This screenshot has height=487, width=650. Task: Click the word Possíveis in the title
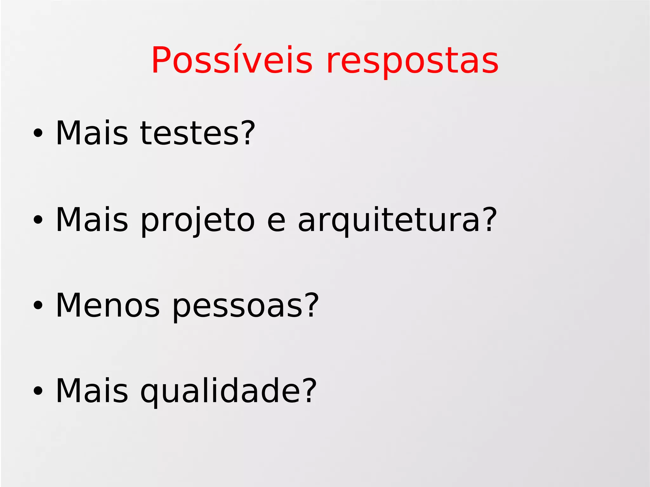click(232, 60)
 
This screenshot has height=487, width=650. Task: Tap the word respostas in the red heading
click(412, 62)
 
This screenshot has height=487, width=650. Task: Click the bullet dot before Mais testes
click(38, 134)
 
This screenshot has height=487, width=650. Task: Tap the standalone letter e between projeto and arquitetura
click(276, 221)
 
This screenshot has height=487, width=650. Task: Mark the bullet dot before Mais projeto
click(38, 220)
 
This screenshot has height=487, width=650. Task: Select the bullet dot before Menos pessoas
click(38, 306)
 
